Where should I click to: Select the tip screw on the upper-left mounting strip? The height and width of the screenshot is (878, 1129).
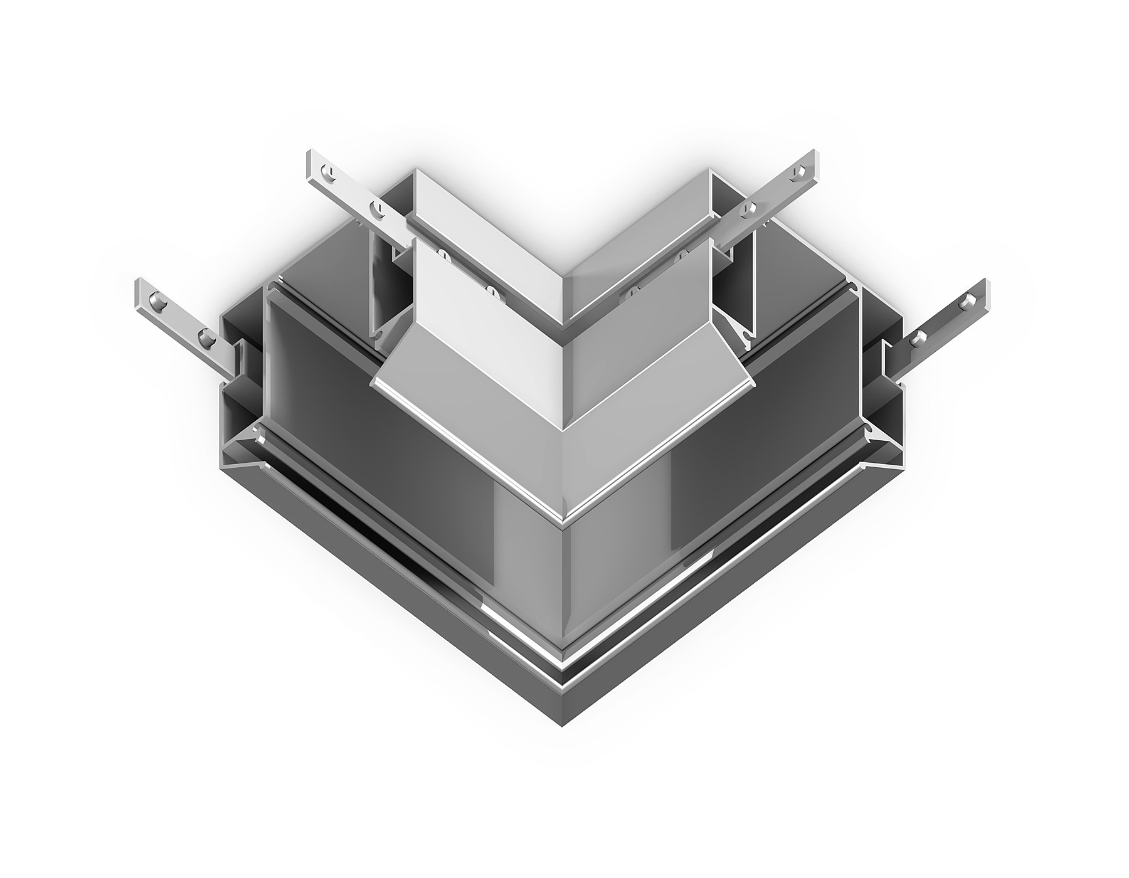(326, 171)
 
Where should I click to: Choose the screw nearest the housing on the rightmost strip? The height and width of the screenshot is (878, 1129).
(920, 337)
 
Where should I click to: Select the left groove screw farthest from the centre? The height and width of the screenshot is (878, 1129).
(443, 255)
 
